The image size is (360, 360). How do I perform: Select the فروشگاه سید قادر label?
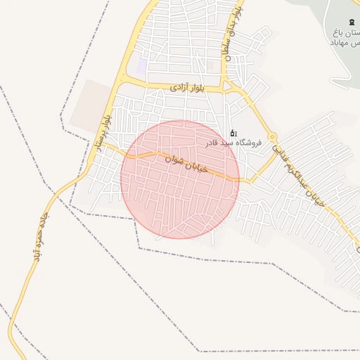pyautogui.click(x=233, y=143)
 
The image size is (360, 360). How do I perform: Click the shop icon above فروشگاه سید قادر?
pyautogui.click(x=233, y=132)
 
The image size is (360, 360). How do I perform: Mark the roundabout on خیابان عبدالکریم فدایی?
pyautogui.click(x=272, y=136)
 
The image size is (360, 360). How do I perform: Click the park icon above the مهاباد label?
pyautogui.click(x=352, y=22)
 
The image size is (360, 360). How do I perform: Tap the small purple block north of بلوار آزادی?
pyautogui.click(x=142, y=67)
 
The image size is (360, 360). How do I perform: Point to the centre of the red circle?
pyautogui.click(x=180, y=179)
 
